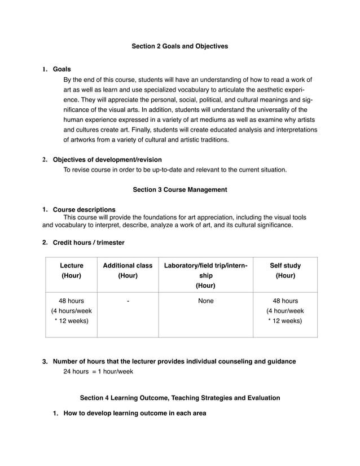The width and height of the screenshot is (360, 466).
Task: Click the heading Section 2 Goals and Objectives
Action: (x=179, y=46)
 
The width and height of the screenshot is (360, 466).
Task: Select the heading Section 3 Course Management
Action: (x=179, y=190)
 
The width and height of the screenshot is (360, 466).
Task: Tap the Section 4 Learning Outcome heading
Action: (x=179, y=398)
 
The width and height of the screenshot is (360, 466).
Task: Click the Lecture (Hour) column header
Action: (x=72, y=270)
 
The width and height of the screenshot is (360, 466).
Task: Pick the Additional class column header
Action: (x=128, y=270)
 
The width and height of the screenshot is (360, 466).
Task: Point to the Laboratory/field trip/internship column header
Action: (x=205, y=275)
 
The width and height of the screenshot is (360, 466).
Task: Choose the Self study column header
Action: (x=285, y=270)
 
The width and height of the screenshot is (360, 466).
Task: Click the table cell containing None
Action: (x=205, y=301)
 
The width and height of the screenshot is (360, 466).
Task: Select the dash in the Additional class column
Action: (x=128, y=301)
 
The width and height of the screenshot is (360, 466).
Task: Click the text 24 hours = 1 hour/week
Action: (x=98, y=371)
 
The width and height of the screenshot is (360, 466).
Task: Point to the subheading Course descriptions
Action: (x=84, y=209)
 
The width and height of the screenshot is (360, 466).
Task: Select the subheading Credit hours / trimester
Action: (x=89, y=243)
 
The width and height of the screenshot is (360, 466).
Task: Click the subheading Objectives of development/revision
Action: (x=107, y=160)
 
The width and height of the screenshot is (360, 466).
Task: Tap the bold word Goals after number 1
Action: (x=62, y=69)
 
